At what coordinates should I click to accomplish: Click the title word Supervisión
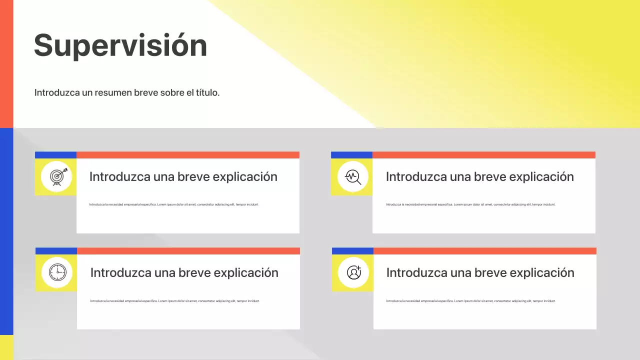pyautogui.click(x=120, y=45)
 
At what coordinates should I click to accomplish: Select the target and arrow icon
pyautogui.click(x=56, y=176)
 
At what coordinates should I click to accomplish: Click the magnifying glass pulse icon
pyautogui.click(x=353, y=176)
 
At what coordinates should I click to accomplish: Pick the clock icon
pyautogui.click(x=57, y=272)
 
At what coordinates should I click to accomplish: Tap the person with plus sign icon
pyautogui.click(x=353, y=272)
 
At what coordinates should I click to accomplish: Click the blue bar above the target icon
pyautogui.click(x=55, y=155)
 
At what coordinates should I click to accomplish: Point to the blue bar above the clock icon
pyautogui.click(x=56, y=251)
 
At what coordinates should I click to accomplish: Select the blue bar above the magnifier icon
pyautogui.click(x=351, y=155)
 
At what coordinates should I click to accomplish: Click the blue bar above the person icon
pyautogui.click(x=352, y=251)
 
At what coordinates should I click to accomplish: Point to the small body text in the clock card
pyautogui.click(x=175, y=301)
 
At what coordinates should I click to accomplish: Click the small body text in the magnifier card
pyautogui.click(x=470, y=204)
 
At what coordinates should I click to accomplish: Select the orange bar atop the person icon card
pyautogui.click(x=484, y=251)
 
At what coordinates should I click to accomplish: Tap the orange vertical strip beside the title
pyautogui.click(x=6, y=63)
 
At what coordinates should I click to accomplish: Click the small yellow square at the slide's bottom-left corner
pyautogui.click(x=6, y=347)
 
